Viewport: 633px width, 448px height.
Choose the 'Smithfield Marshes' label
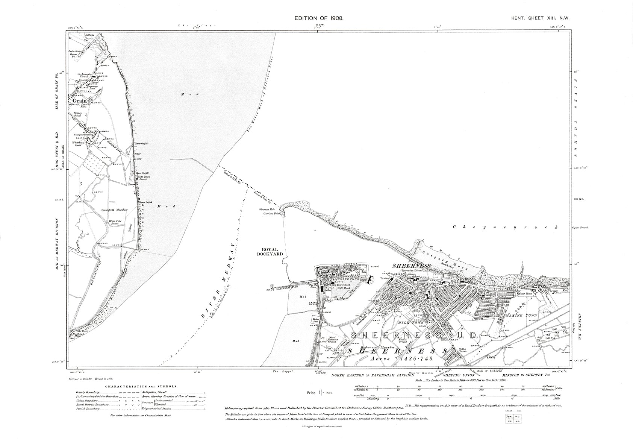coord(115,209)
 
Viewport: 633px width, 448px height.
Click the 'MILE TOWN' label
coord(411,323)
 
